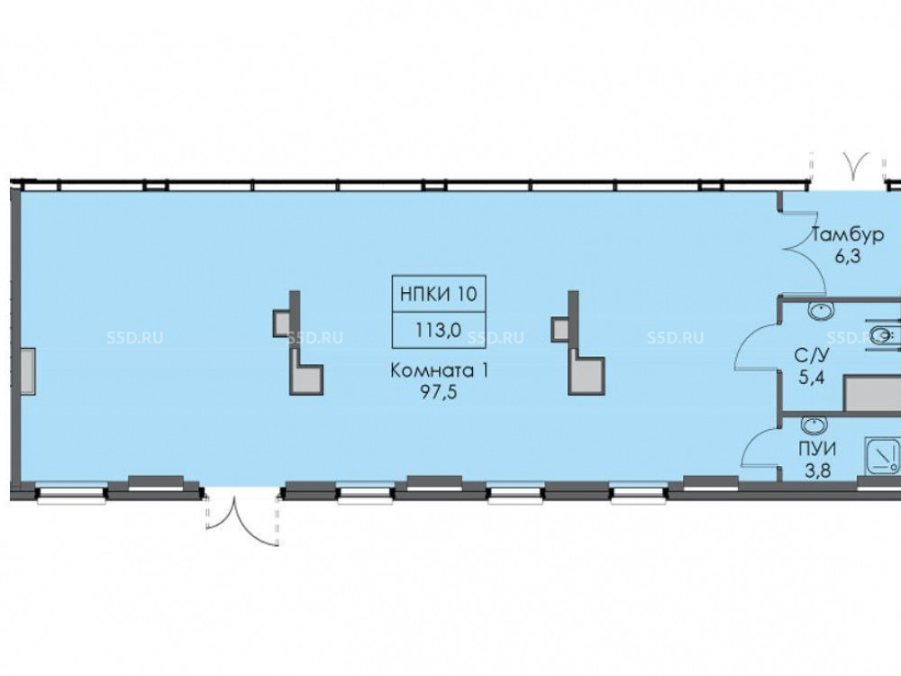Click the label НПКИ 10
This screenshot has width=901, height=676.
(x=439, y=293)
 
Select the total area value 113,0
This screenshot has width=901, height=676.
(x=439, y=330)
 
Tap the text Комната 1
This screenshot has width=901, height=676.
(x=440, y=370)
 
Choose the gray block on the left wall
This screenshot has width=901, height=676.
(x=28, y=371)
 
